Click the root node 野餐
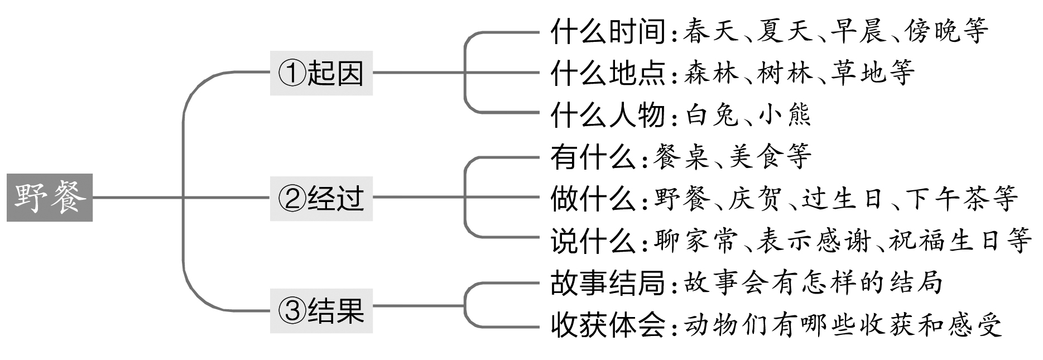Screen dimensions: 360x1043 click(50, 198)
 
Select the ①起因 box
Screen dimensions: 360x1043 click(321, 73)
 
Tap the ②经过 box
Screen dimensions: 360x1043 click(321, 198)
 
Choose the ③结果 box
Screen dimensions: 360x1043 click(321, 310)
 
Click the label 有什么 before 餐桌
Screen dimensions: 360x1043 click(592, 157)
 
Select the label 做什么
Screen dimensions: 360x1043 click(592, 199)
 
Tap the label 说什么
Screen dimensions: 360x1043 click(592, 241)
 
